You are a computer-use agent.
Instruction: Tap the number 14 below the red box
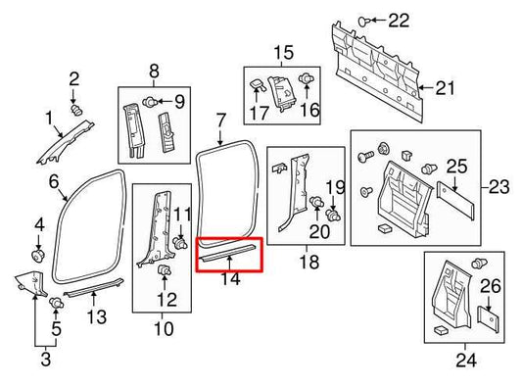point(230,279)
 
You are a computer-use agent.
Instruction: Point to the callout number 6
point(54,180)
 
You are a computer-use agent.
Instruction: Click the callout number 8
point(153,71)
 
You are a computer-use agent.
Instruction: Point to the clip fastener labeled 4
point(39,256)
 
